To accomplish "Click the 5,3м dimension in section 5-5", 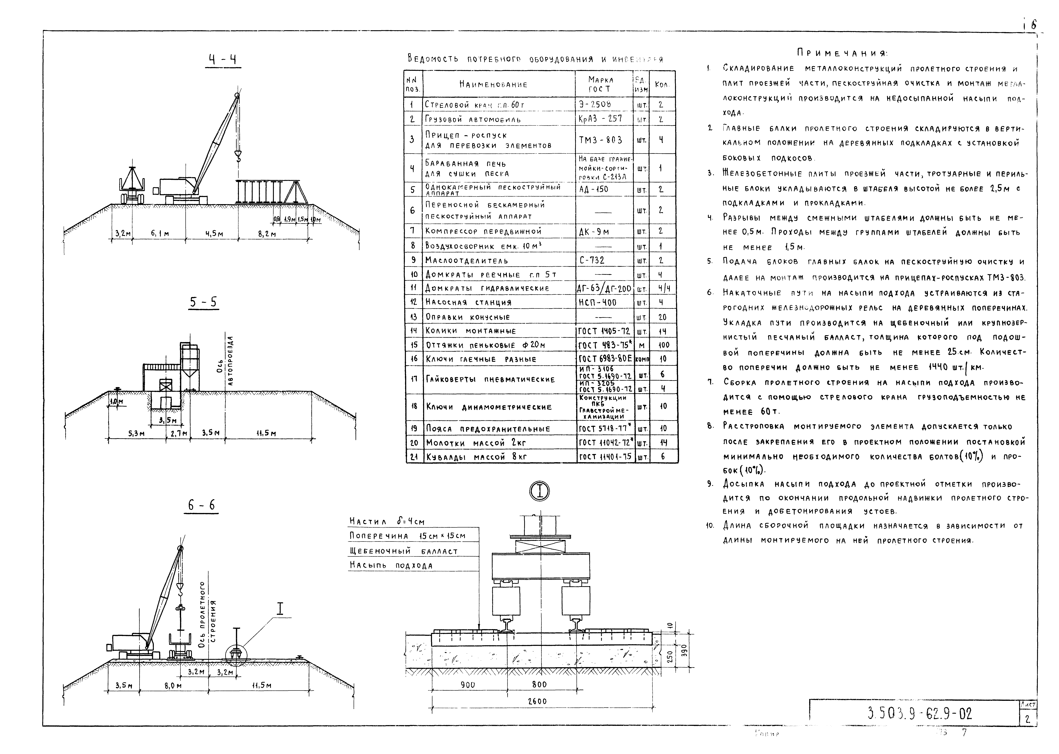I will (136, 434).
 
